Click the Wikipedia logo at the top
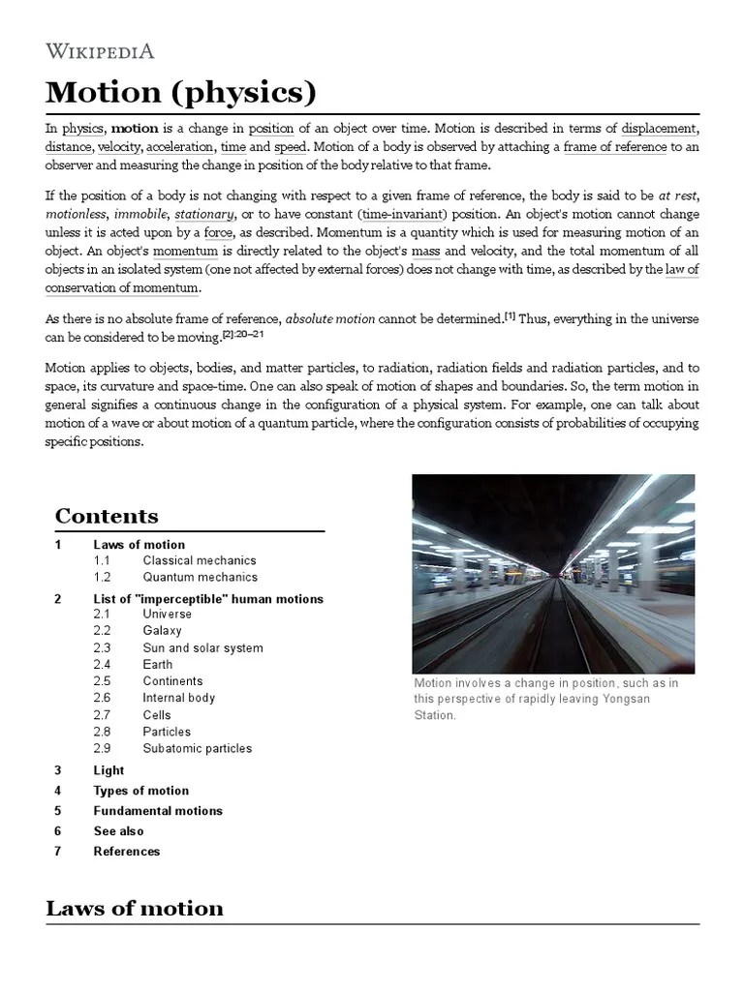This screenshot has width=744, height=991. pos(100,51)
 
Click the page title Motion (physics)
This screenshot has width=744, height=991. pos(181,93)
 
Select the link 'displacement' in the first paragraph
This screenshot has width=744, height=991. pos(659,129)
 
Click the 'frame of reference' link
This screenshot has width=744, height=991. pos(614,147)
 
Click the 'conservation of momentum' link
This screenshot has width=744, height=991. pos(122,287)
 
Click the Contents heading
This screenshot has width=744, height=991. pos(107,516)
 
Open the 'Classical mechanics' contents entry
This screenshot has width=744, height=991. pos(199,560)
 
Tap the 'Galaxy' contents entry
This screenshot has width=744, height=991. pos(162,631)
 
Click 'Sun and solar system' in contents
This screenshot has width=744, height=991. pos(202,647)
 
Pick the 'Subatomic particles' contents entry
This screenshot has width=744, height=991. pos(197,748)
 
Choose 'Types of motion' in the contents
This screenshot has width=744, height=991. pos(140,791)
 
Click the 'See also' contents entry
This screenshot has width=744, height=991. pos(118,831)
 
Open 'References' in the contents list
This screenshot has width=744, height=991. pos(126,852)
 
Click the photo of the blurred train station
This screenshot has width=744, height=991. pos(553,574)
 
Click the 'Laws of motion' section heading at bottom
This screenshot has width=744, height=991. pos(135,908)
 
